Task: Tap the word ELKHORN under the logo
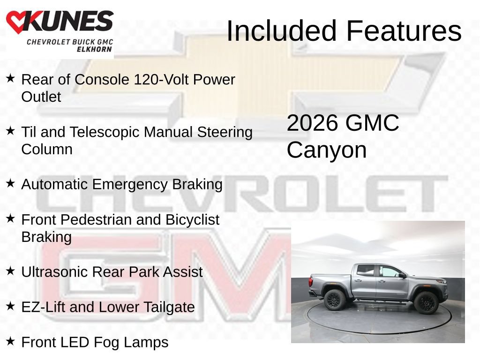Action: [94, 49]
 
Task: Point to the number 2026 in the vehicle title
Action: [313, 123]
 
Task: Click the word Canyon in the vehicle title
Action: [327, 150]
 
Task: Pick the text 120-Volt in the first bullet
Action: [162, 80]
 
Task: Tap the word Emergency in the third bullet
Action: [130, 185]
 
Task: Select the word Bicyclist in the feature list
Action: [192, 219]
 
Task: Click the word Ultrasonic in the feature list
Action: [54, 272]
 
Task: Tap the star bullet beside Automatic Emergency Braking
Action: [10, 183]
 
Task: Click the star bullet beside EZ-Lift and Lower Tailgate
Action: [10, 306]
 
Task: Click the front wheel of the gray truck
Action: [426, 303]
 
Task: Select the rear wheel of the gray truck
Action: [335, 300]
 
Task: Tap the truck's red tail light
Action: [311, 282]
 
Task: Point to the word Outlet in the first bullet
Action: [41, 97]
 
